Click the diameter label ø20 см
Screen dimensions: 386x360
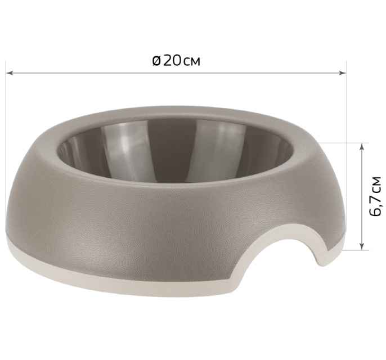pyautogui.click(x=176, y=61)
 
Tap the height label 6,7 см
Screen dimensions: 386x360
pyautogui.click(x=375, y=196)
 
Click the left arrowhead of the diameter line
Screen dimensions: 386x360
pyautogui.click(x=10, y=73)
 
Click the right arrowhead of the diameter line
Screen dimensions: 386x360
pyautogui.click(x=343, y=73)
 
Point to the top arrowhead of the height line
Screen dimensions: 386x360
pyautogui.click(x=362, y=147)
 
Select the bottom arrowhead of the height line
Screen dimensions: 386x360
pyautogui.click(x=362, y=246)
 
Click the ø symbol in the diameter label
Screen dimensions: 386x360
pyautogui.click(x=156, y=61)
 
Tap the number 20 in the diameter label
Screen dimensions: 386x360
pyautogui.click(x=172, y=61)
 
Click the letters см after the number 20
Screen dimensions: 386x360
pyautogui.click(x=192, y=62)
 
